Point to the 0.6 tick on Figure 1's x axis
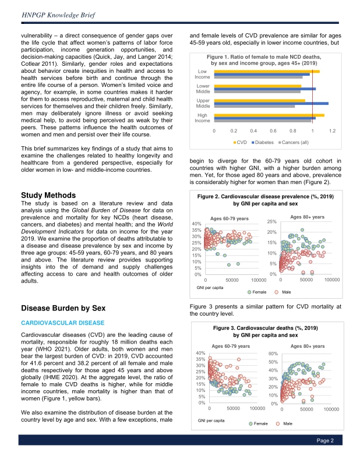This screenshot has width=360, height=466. (273, 132)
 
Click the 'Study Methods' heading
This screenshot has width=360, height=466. (48, 195)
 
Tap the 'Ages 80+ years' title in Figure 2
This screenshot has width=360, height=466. (307, 217)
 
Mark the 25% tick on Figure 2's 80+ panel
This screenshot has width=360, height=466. (271, 222)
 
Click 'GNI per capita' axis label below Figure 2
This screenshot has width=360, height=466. (210, 287)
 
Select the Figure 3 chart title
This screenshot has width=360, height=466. (265, 331)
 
